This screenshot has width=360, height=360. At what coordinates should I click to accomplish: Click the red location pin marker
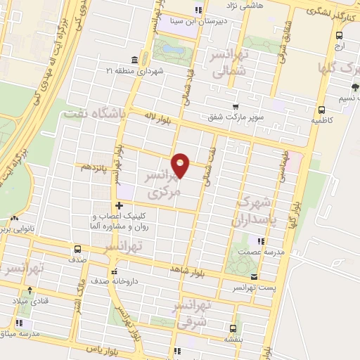pos(181,165)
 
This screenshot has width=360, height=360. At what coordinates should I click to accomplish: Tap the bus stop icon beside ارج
pos(340,35)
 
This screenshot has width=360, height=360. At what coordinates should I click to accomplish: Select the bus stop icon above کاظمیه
pos(321,110)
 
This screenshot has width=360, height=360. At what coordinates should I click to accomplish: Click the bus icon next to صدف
pos(77,249)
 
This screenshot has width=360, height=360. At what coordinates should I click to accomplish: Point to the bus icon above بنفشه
pos(233,328)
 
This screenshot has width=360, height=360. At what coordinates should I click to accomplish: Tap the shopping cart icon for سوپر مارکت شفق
pos(236,107)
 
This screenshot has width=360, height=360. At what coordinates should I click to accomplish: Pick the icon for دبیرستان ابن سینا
pos(198,10)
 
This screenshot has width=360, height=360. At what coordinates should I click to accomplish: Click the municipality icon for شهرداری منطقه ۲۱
pos(134,60)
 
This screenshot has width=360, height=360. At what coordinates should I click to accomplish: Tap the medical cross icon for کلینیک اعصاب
pos(118,205)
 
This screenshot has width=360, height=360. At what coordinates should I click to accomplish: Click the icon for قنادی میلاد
pos(30,291)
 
